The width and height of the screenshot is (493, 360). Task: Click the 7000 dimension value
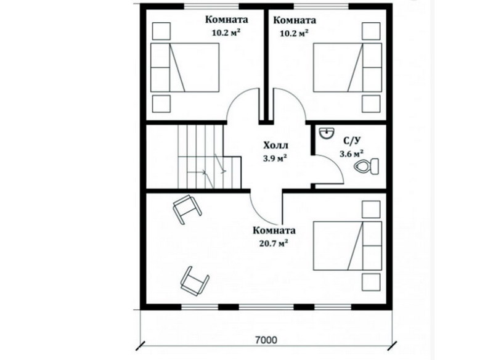tap(266, 340)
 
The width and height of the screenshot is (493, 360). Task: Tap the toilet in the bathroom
tap(366, 166)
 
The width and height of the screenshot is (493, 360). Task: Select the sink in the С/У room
tap(327, 133)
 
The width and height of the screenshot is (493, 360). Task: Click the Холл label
tap(275, 145)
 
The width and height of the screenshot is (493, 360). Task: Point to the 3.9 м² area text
tap(275, 158)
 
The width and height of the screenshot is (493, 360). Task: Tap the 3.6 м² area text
tap(352, 153)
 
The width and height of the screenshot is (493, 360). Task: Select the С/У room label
tap(351, 142)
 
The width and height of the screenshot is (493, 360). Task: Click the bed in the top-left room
tap(185, 68)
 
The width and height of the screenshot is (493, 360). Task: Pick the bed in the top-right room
tap(348, 68)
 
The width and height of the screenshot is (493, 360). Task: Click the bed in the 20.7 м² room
tap(348, 246)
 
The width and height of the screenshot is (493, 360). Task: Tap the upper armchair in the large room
tap(187, 209)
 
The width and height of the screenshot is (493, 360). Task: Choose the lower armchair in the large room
tap(195, 280)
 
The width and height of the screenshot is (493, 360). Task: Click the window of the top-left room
tap(211, 6)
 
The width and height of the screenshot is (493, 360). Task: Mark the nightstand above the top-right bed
tap(371, 31)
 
